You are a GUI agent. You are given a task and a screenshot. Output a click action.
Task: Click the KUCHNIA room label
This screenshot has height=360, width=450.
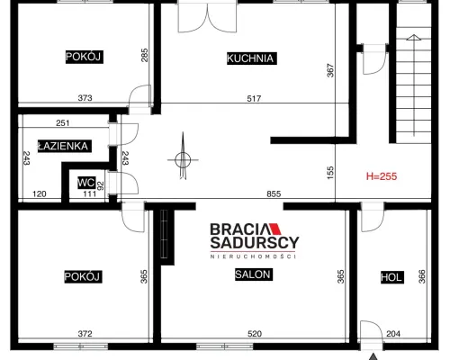coord(250,58)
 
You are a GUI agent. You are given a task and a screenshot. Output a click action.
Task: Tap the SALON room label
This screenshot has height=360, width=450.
coord(252,274)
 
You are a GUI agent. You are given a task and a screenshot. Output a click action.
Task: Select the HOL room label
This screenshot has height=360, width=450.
coord(391,277)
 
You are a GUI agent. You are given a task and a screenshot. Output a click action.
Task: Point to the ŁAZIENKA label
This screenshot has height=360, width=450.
coord(63,146)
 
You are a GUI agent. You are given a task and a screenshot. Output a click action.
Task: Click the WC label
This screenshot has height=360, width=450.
coord(86,183)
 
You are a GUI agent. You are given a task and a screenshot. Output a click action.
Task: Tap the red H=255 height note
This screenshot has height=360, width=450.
coord(382,176)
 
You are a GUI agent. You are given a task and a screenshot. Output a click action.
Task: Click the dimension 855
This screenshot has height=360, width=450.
coord(274,194)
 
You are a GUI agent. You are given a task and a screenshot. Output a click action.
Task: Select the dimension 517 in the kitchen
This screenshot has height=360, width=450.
coord(254,98)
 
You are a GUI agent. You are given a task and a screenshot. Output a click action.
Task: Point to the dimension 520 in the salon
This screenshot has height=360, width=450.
coord(255,334)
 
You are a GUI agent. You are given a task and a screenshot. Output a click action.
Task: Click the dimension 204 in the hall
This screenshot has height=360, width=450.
coord(393,334)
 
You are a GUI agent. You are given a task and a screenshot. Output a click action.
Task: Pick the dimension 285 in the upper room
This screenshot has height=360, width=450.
coord(144,55)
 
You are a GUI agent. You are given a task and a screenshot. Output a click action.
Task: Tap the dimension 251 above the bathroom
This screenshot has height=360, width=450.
coord(63,123)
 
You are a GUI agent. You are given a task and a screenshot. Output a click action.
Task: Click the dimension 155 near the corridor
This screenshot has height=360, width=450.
coord(330,173)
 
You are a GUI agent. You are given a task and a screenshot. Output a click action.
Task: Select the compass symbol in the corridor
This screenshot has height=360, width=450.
coord(183,159)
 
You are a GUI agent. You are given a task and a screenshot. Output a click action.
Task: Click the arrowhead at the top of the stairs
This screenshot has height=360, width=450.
coord(414,37)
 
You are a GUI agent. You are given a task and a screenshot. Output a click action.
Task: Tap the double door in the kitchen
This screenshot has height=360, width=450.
coord(207,16)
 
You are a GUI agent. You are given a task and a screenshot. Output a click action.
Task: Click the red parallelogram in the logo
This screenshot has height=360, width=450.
coord(275,229)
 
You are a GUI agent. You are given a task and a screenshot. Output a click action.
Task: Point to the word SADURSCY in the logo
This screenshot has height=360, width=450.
coord(255,242)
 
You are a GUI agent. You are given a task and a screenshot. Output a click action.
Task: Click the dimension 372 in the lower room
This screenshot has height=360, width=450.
coord(85,334)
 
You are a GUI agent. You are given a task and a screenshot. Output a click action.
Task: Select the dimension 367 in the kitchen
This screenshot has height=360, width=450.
coord(330,70)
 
